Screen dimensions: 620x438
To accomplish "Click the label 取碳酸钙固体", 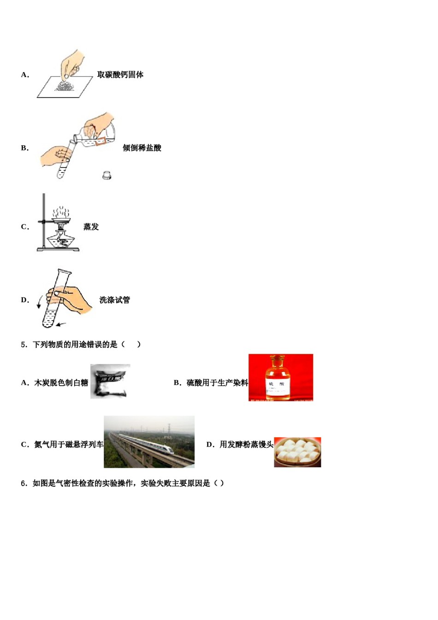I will click(x=120, y=75).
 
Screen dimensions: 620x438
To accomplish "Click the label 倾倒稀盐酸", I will click(x=142, y=148).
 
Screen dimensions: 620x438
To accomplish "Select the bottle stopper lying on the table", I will click(x=107, y=175).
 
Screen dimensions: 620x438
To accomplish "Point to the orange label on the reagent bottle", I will click(x=105, y=139).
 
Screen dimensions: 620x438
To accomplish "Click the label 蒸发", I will click(x=91, y=227).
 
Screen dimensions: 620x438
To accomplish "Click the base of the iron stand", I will click(x=58, y=250).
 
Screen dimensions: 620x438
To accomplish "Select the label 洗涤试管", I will click(x=114, y=300).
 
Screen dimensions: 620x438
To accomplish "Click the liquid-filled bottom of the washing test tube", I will click(x=49, y=319).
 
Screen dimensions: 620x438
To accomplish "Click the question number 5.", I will click(x=24, y=345).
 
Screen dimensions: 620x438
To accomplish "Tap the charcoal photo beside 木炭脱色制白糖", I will click(x=110, y=381).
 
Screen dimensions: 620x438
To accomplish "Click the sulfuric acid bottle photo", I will click(x=280, y=377).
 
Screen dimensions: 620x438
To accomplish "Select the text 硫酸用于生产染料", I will click(x=217, y=383).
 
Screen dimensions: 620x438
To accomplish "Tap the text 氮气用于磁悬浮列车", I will click(x=69, y=445).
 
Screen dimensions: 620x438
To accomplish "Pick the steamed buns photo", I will click(x=297, y=452).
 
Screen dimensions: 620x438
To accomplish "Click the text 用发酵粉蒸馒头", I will click(x=246, y=445).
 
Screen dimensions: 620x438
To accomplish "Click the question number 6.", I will click(x=24, y=483).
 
